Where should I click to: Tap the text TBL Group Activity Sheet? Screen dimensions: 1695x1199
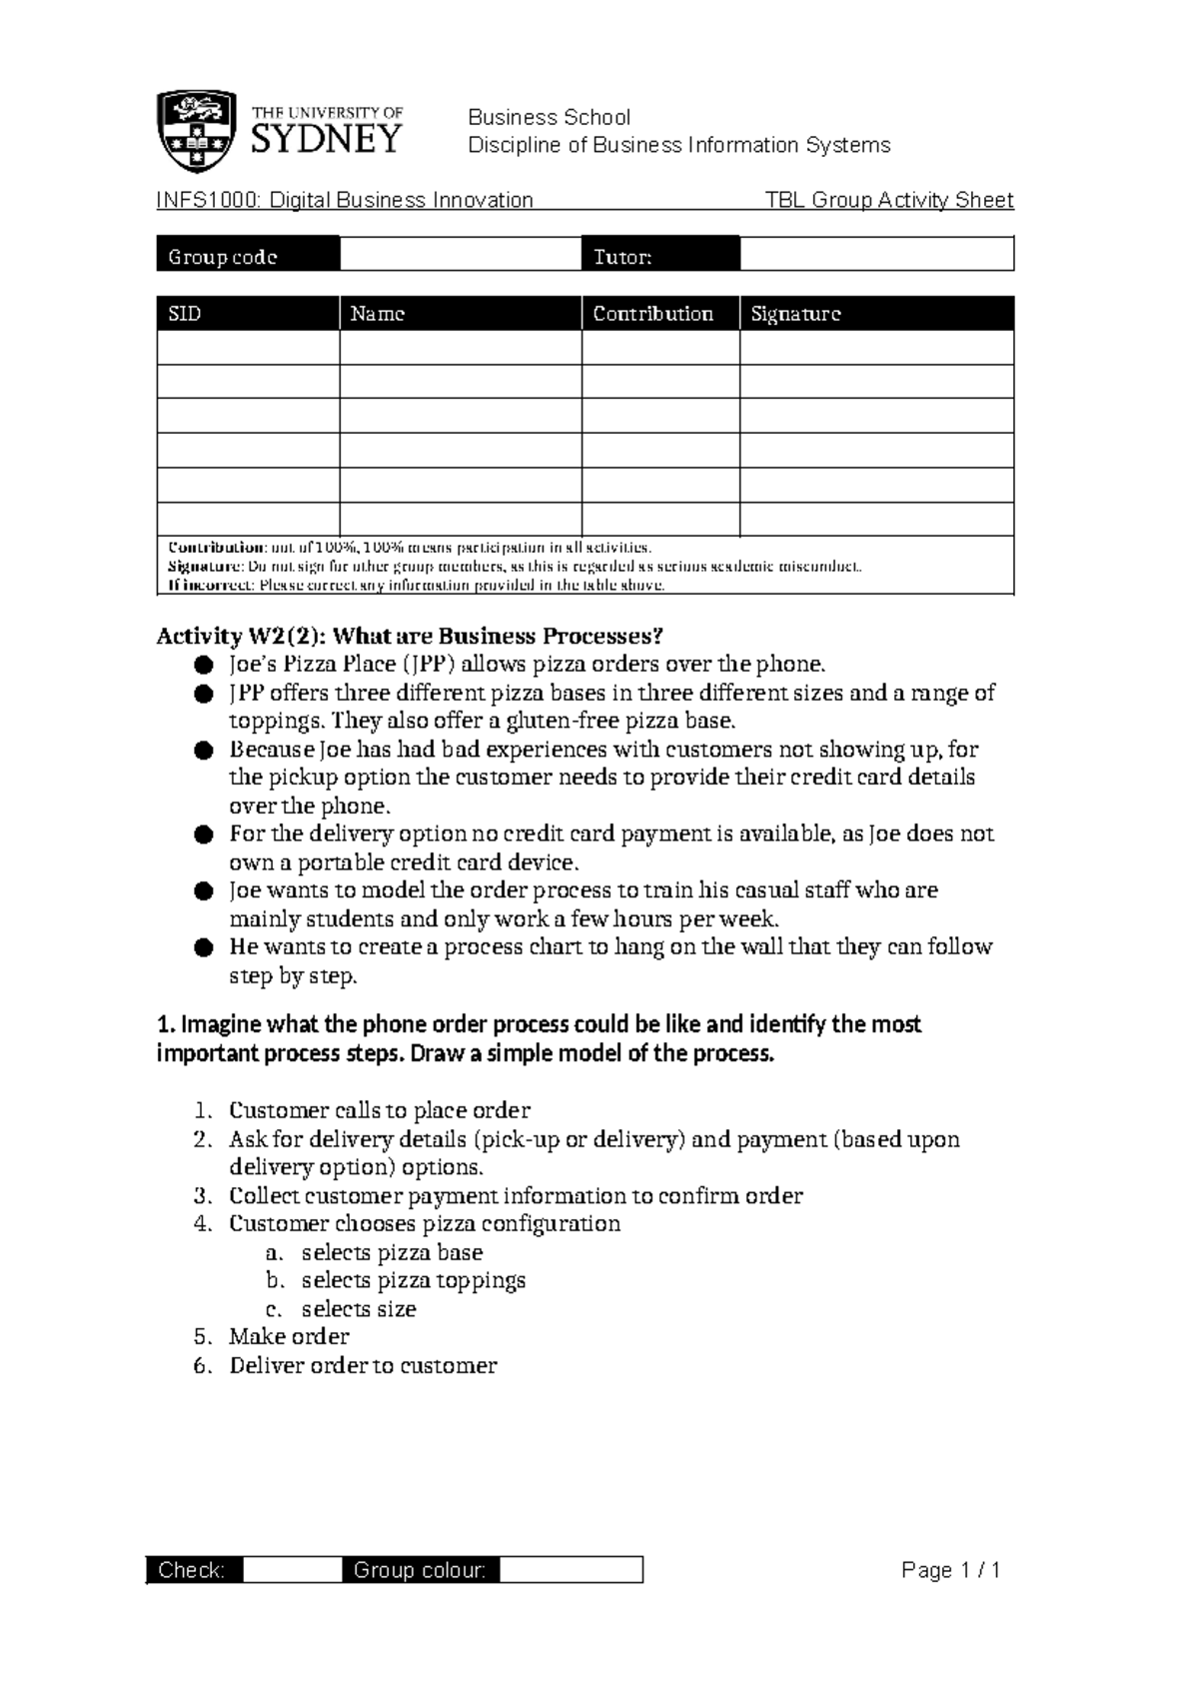888,200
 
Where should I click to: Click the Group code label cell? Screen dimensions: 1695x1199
223,257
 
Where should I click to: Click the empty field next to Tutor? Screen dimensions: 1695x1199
876,255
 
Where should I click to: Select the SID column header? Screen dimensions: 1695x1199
186,314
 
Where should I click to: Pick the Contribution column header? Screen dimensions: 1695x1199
652,314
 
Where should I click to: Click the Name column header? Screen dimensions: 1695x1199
377,314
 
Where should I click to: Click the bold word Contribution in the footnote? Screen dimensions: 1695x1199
216,548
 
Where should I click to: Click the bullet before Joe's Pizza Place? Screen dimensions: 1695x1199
204,666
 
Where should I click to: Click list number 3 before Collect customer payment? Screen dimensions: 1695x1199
203,1196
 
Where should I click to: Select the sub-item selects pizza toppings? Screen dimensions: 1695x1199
413,1280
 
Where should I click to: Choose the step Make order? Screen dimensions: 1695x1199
289,1337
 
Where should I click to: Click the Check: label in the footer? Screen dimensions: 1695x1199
192,1570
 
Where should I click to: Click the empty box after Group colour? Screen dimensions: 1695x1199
571,1570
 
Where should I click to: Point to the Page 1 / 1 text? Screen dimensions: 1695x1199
950,1570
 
